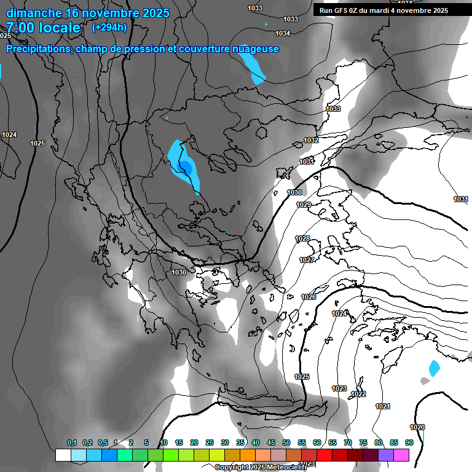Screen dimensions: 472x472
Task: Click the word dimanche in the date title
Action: (x=33, y=13)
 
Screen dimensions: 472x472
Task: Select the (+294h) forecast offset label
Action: (x=109, y=27)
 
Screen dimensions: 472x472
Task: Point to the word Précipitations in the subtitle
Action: (x=39, y=49)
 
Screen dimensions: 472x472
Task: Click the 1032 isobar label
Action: (x=311, y=141)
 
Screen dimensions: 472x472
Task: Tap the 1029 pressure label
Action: (x=304, y=205)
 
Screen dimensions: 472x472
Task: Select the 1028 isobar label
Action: (x=302, y=238)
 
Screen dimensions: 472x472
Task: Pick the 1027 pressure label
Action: (x=307, y=260)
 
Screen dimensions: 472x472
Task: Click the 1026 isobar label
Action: (x=309, y=297)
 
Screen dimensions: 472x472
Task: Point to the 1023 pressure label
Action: (x=339, y=388)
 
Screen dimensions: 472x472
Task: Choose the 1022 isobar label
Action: (x=359, y=394)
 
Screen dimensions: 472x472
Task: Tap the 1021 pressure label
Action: (x=382, y=406)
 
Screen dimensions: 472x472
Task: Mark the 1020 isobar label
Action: (x=417, y=427)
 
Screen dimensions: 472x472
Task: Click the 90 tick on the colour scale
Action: (x=409, y=442)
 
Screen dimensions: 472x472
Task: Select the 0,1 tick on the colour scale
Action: (x=72, y=442)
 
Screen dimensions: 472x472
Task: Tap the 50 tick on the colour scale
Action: (x=286, y=442)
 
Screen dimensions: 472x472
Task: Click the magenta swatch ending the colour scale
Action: (x=401, y=455)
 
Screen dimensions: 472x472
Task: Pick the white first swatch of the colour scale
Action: (x=63, y=455)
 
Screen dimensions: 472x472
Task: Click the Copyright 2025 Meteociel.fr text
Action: (x=260, y=467)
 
